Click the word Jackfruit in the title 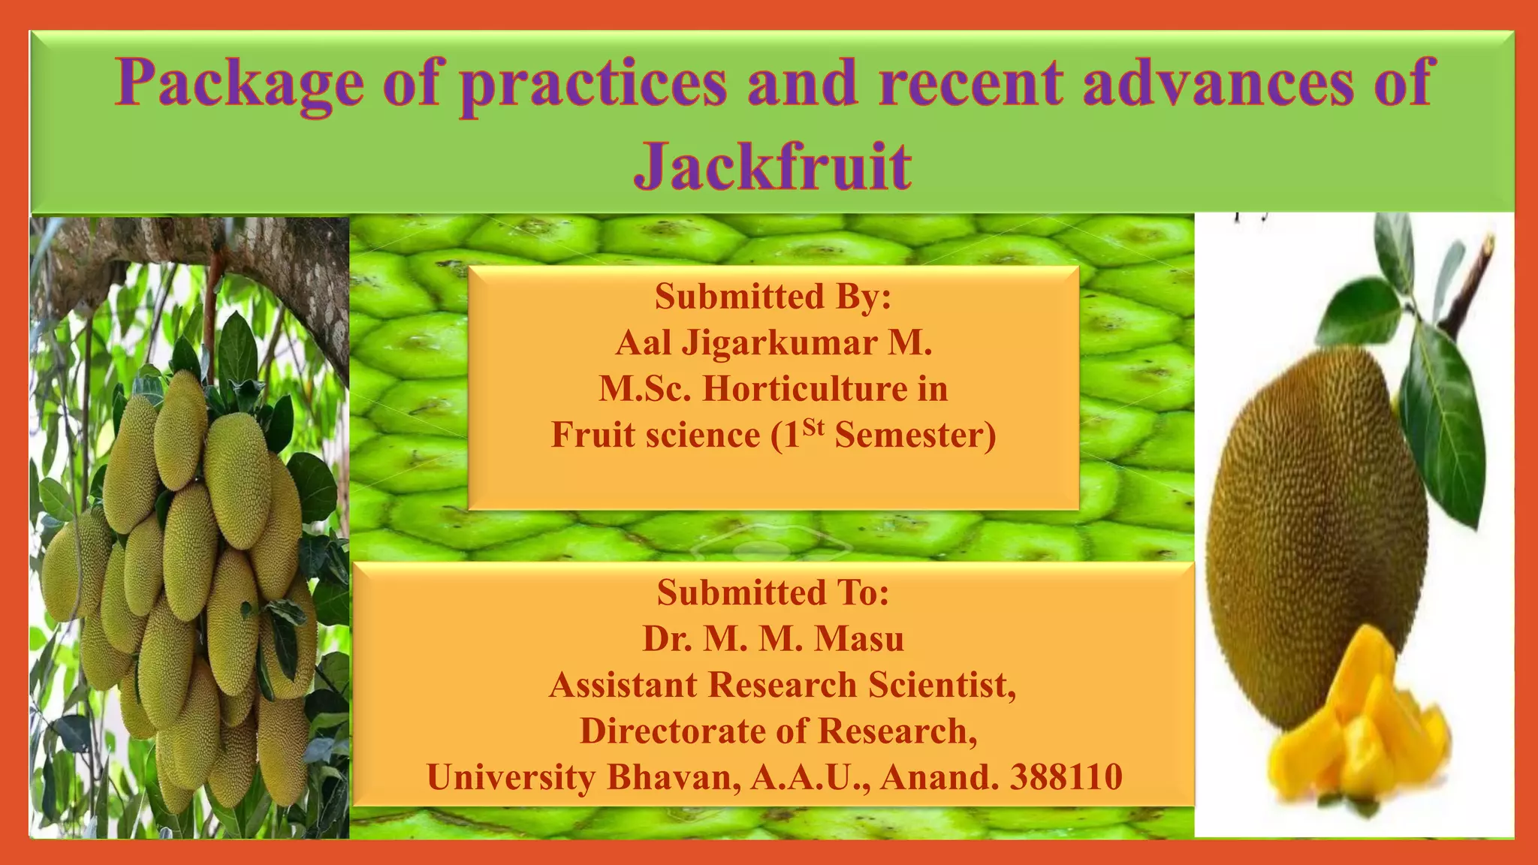coord(773,166)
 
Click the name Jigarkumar coord(780,343)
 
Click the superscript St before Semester coord(813,428)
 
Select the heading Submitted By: coord(773,297)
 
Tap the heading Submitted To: coord(773,592)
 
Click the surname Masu coord(859,639)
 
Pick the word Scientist coord(942,685)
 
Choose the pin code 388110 coord(1066,777)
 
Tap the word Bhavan coord(669,777)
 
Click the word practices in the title coord(593,83)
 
